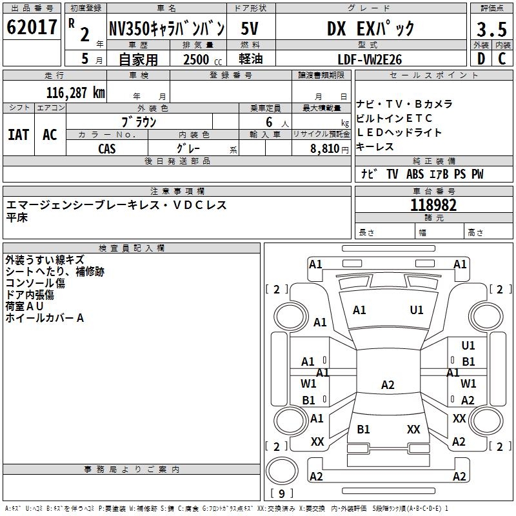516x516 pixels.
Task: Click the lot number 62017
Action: click(x=32, y=28)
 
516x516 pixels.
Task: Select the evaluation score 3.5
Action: click(x=491, y=30)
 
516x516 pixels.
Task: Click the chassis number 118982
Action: click(x=433, y=205)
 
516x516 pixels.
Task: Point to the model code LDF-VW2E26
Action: click(x=371, y=59)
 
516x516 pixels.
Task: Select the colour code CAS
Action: click(x=107, y=148)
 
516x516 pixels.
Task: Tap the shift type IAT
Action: click(x=19, y=135)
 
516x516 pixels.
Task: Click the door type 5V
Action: click(x=251, y=29)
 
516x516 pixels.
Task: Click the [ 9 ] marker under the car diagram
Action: click(x=281, y=494)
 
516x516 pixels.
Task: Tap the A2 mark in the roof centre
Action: click(x=388, y=385)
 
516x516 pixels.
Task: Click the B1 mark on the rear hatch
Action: click(x=364, y=429)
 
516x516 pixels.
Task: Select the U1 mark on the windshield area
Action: click(x=417, y=310)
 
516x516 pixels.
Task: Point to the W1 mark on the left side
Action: click(x=308, y=384)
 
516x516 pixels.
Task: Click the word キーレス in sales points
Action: click(x=375, y=146)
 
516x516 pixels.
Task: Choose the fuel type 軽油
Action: click(x=251, y=59)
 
